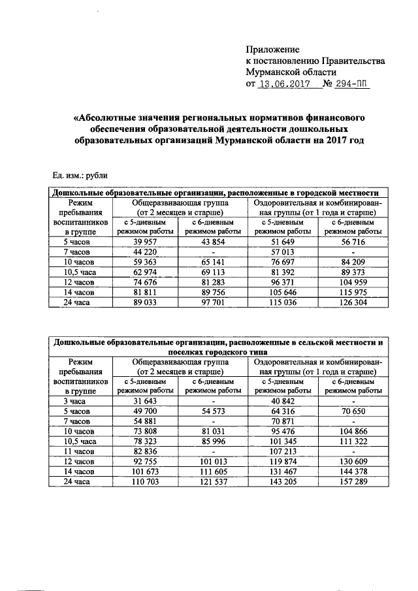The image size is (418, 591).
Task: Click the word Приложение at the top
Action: [272, 50]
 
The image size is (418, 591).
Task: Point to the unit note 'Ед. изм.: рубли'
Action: [80, 175]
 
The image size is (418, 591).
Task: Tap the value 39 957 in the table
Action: [145, 242]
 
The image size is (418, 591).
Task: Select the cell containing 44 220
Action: [145, 252]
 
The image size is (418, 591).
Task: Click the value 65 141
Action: [214, 263]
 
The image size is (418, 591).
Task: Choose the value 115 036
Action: [282, 304]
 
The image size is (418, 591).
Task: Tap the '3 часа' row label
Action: [76, 400]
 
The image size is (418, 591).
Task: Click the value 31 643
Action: [145, 400]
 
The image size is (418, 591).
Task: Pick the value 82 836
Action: [145, 451]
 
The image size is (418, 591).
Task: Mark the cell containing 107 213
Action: [282, 451]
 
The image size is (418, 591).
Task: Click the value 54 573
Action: [214, 411]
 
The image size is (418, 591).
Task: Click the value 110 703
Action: [145, 481]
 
